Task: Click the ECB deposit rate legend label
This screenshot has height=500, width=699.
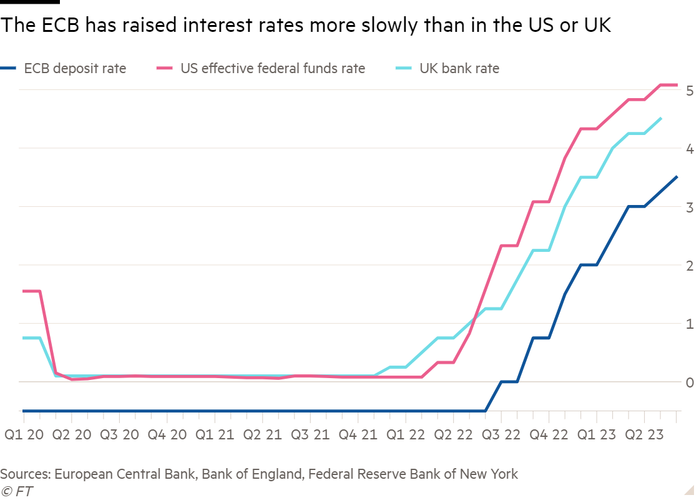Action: tap(75, 68)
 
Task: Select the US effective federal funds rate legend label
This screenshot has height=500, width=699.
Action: tap(273, 68)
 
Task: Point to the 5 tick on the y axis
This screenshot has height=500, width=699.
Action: tap(690, 91)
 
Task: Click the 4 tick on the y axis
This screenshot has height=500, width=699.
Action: tap(690, 149)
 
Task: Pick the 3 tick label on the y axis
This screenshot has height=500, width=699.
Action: tap(690, 207)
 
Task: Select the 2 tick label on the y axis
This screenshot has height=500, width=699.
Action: tap(690, 266)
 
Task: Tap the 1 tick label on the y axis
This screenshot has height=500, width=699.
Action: tap(690, 324)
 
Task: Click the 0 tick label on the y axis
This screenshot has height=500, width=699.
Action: tap(690, 382)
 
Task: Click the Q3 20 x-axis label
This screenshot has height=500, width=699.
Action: tap(119, 433)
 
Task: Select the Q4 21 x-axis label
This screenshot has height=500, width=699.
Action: tap(358, 433)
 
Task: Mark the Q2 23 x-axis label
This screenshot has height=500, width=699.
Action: tap(644, 433)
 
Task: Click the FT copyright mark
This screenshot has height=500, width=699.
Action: tap(17, 491)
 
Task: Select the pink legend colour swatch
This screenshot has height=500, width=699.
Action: tap(165, 68)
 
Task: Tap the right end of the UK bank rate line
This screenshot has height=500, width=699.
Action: tap(661, 117)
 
